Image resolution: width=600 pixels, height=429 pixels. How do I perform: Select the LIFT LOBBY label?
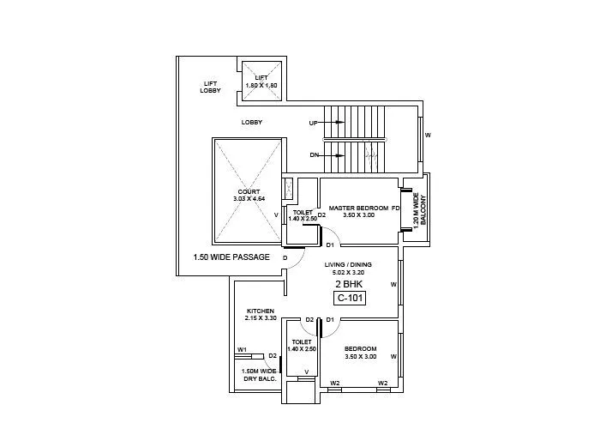[210, 87]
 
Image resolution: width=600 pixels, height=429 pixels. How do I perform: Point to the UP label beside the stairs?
[314, 124]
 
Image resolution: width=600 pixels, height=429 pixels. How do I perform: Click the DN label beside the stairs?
[314, 155]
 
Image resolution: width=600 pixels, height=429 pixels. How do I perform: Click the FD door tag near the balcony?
[396, 208]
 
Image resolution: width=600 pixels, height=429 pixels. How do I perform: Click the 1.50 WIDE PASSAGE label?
[231, 257]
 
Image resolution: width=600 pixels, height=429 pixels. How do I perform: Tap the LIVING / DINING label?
[347, 265]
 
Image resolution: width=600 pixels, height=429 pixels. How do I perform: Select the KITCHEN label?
[261, 311]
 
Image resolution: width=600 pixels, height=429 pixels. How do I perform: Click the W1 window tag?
[243, 349]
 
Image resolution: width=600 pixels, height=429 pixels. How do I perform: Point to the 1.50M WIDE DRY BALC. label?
[258, 375]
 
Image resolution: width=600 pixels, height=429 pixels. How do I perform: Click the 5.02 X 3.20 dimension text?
[347, 273]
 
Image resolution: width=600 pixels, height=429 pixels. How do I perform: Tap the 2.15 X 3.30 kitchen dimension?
[261, 318]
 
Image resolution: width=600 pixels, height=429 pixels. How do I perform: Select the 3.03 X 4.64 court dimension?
[249, 199]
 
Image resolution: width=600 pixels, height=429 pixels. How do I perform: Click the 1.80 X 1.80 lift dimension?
[261, 86]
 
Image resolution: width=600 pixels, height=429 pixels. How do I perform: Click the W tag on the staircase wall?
[428, 136]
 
